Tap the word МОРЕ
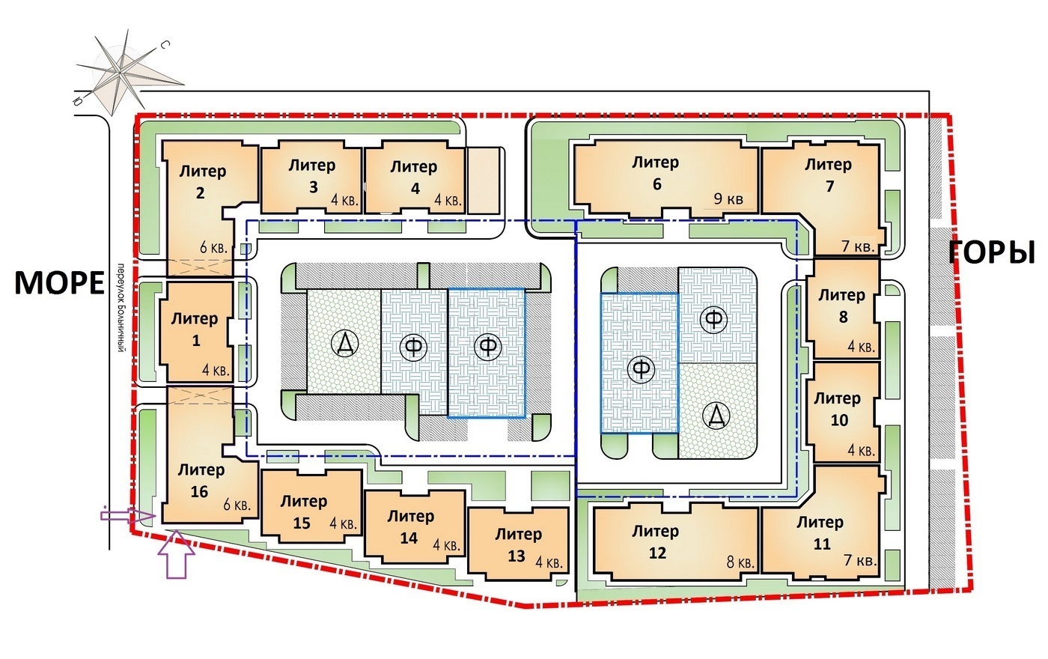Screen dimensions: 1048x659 59,283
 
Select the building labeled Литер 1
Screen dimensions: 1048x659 195,329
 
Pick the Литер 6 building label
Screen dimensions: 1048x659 656,173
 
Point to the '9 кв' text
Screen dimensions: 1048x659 728,199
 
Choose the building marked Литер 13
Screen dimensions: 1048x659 518,544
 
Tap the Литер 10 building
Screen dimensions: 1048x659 838,410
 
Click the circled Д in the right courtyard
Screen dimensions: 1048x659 716,414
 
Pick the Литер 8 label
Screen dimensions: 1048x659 841,306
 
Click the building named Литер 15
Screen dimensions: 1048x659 305,511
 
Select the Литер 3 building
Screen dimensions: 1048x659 312,176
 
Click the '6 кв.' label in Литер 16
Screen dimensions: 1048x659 237,505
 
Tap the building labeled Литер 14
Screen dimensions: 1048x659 410,526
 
